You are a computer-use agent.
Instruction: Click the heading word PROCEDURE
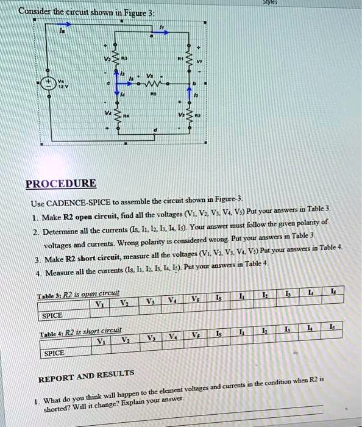(x=60, y=183)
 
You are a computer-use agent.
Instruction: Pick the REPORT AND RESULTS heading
(x=86, y=376)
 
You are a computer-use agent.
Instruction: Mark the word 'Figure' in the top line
(x=141, y=12)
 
